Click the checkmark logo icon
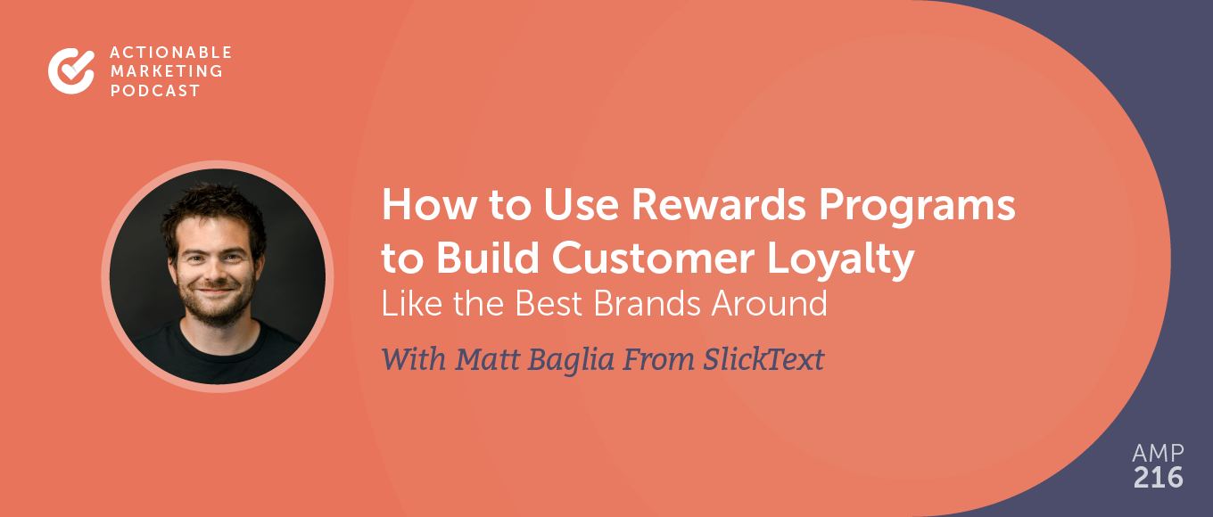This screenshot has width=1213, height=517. (x=70, y=70)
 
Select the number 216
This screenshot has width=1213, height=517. (x=1158, y=477)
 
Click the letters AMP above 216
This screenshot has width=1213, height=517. (x=1159, y=451)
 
